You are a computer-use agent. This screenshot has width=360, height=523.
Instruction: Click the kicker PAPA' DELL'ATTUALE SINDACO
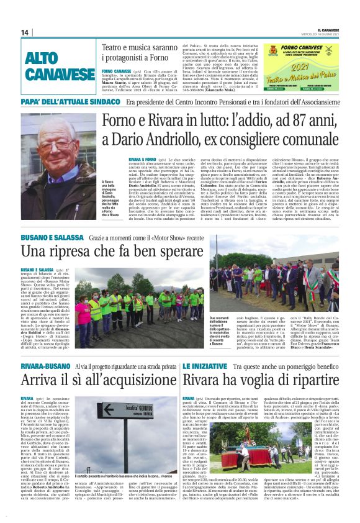point(70,101)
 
